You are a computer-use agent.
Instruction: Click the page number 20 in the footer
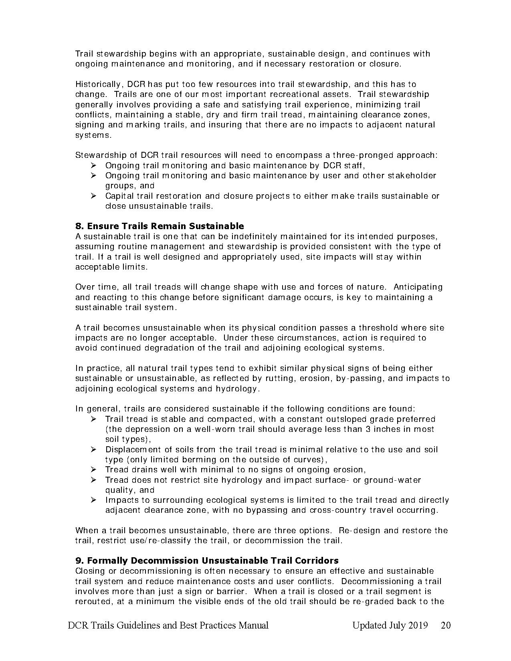[x=446, y=626]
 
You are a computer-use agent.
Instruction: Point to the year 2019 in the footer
[x=418, y=626]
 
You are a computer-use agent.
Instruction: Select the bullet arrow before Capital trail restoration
[x=93, y=196]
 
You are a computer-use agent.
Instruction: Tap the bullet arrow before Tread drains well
[x=93, y=470]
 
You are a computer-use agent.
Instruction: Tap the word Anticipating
[x=418, y=287]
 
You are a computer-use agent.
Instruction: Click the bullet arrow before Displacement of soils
[x=93, y=449]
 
